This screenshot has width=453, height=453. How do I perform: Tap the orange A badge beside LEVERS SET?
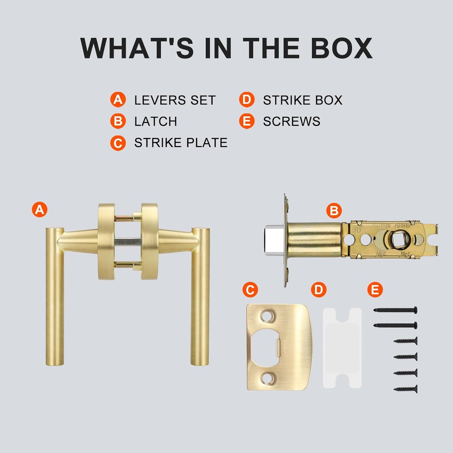point(118,100)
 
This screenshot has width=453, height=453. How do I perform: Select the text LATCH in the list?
point(155,121)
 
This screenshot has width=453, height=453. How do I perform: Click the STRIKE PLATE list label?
point(181,143)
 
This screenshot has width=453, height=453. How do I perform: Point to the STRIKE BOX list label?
point(303,100)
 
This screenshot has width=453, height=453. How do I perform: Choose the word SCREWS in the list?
point(292,121)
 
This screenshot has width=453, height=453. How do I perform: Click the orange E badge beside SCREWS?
point(247,121)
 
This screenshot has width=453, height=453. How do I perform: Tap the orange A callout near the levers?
point(40,209)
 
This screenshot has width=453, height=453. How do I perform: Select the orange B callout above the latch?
point(334,211)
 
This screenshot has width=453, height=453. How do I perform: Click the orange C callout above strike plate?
point(250,290)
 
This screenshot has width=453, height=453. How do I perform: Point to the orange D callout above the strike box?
point(319,290)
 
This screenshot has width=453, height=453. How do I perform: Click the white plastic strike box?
point(342,348)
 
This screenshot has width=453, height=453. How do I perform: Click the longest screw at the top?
point(396,310)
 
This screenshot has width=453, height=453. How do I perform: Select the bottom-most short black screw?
point(406,389)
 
